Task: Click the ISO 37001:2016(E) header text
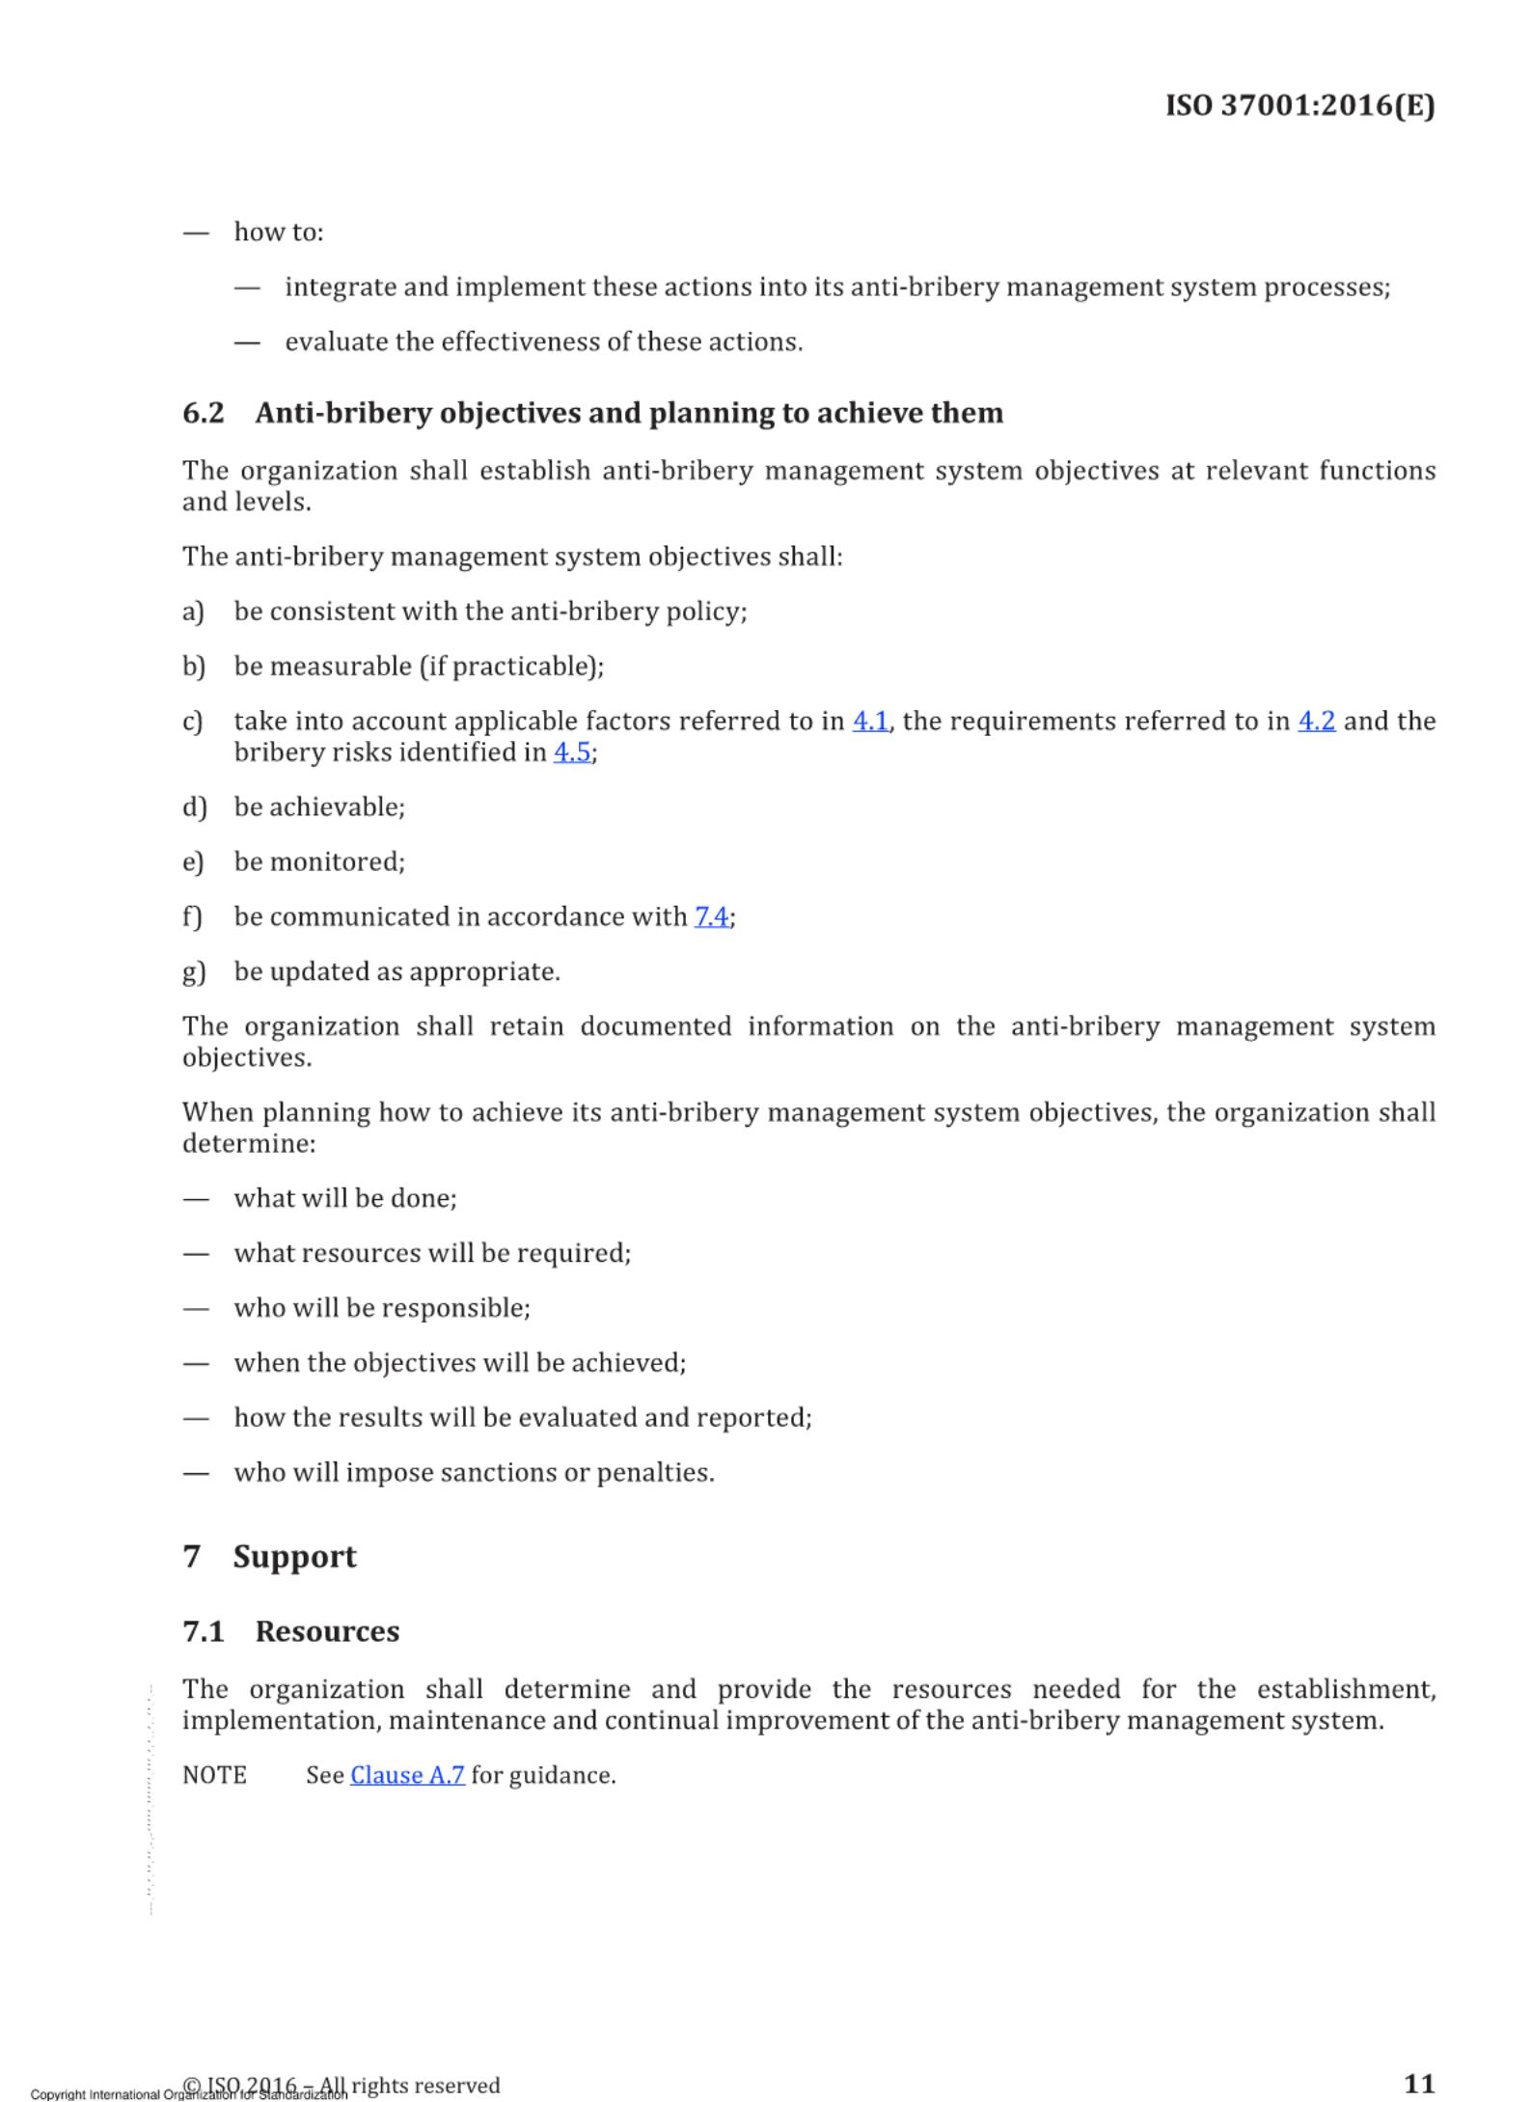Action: pos(1299,105)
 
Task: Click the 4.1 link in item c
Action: pos(870,722)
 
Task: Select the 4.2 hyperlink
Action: pos(1316,722)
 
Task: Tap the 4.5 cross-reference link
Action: pos(572,752)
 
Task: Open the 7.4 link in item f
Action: pos(712,916)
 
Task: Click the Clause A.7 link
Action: pos(407,1776)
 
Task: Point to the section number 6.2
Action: pos(204,413)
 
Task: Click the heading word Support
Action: pos(294,1557)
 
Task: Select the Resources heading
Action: pos(327,1631)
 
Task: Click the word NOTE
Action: pos(214,1776)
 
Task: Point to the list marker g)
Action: pos(194,971)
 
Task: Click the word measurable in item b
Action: pos(341,667)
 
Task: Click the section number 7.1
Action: pos(204,1631)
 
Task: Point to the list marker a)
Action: pos(193,612)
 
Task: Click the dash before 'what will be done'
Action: pos(196,1199)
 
